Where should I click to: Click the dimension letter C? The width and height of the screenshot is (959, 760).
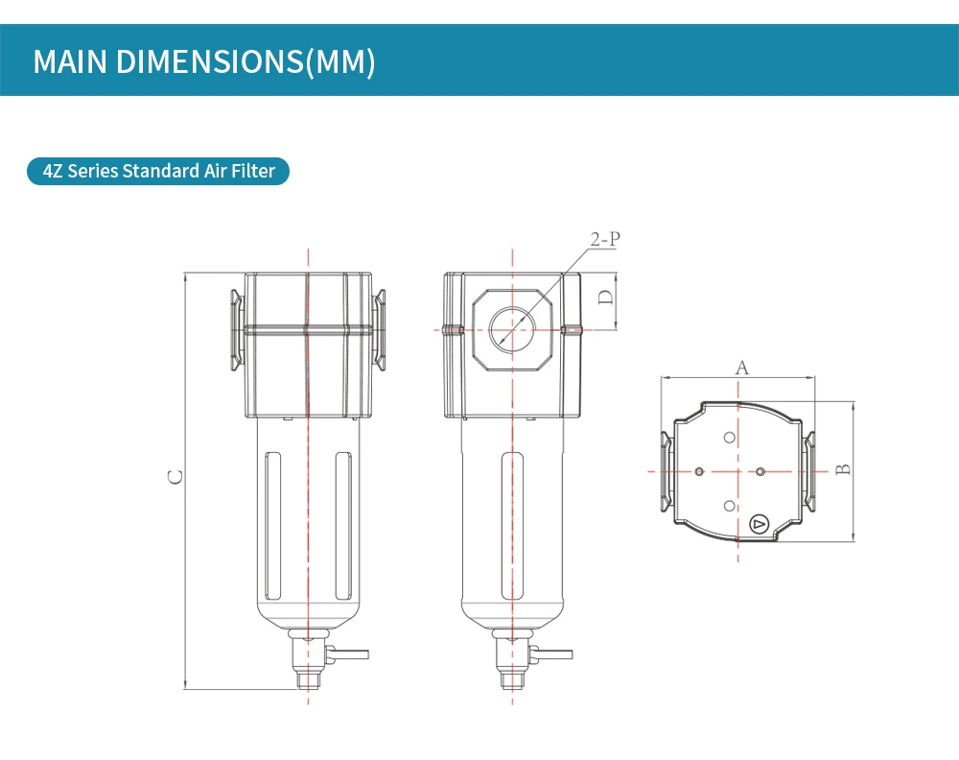pos(175,477)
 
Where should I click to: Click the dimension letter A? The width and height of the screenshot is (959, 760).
pos(742,368)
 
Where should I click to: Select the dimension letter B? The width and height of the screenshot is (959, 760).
pos(843,469)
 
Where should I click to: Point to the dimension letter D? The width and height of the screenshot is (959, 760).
pos(605,297)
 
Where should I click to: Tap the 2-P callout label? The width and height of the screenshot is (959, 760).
pos(605,239)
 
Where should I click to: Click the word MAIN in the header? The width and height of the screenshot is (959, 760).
pos(69,61)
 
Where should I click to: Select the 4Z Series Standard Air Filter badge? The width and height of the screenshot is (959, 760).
pos(158,171)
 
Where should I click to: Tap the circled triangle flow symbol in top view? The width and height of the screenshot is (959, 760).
pos(759,524)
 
